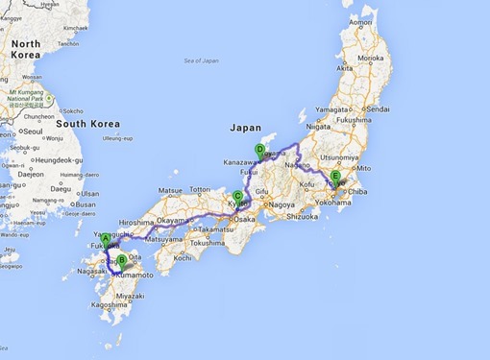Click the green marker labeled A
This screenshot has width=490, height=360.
(107, 240)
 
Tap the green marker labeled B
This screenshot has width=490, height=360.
(121, 258)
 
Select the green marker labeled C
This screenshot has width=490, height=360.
(236, 197)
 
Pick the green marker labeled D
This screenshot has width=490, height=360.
(259, 149)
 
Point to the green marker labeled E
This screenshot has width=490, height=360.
(335, 177)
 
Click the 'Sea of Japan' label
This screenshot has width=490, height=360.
(202, 60)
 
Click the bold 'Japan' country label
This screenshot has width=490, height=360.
(244, 126)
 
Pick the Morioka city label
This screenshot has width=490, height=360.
(371, 59)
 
